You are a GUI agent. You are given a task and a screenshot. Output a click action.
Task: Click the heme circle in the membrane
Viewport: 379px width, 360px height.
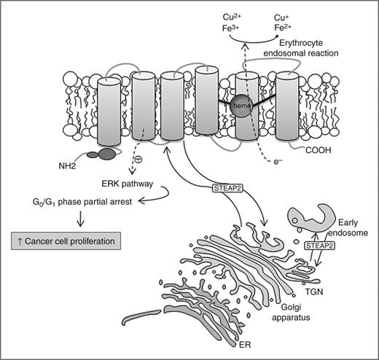click(x=243, y=107)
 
